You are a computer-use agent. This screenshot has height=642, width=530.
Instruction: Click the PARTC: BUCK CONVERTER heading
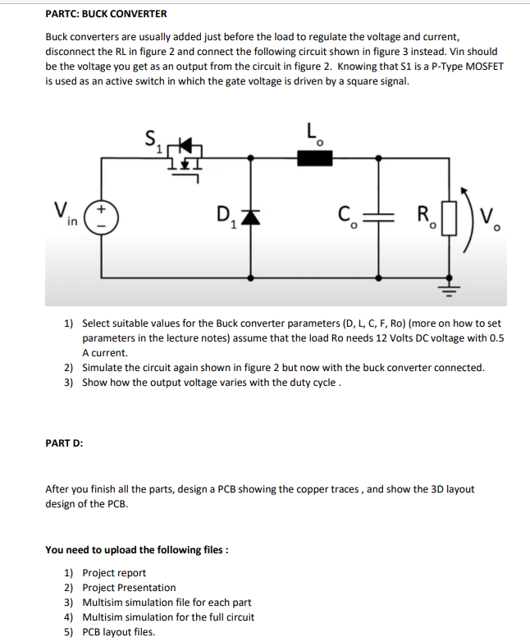106,14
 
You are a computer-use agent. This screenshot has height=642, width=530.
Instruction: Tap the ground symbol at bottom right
448,288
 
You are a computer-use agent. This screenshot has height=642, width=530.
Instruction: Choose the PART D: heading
64,444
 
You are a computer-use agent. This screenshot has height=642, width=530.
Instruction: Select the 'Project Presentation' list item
129,588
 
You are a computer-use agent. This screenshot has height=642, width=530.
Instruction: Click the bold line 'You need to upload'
136,549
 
